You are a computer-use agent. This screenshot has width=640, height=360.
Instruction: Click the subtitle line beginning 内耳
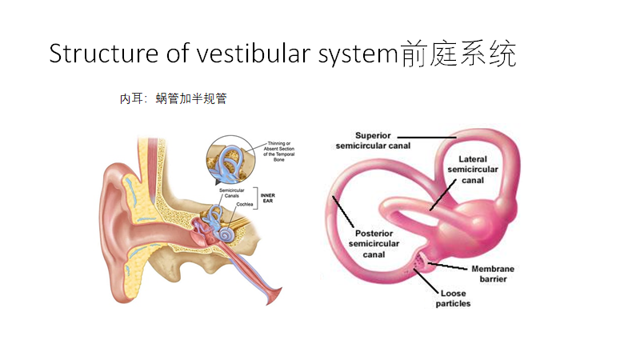click(x=174, y=99)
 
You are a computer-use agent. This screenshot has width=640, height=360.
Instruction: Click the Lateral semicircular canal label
click(x=478, y=170)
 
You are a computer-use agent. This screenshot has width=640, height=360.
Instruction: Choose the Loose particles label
click(x=453, y=298)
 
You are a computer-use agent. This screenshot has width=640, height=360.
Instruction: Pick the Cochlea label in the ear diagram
click(x=245, y=205)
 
